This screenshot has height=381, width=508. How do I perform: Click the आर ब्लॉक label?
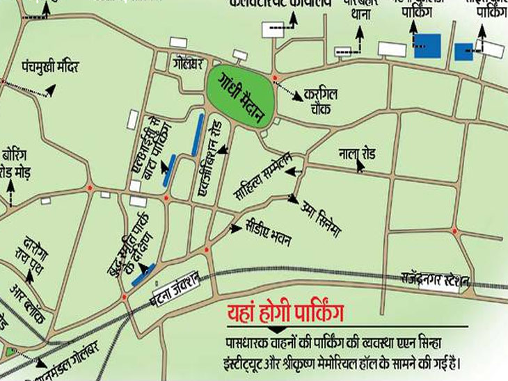pos(28,300)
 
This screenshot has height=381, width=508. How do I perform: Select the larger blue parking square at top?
pos(427,45)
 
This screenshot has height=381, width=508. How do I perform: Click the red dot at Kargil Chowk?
pos(276,76)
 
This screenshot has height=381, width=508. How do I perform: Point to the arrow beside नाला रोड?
pos(360,165)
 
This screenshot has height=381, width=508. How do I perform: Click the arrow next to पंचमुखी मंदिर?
pos(49,90)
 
